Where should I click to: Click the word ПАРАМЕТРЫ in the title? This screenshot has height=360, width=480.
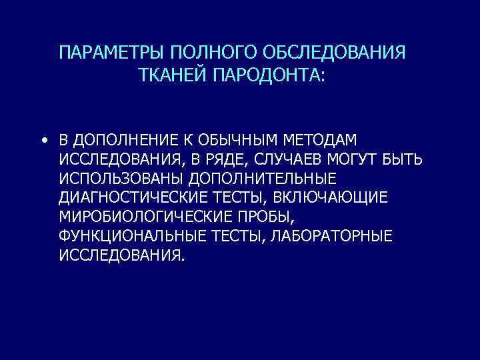point(111,53)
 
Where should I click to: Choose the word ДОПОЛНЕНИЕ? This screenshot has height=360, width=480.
point(122,141)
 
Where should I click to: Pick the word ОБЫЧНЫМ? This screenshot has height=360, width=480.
point(251,141)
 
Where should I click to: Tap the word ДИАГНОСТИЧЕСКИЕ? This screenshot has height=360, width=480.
point(129,199)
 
